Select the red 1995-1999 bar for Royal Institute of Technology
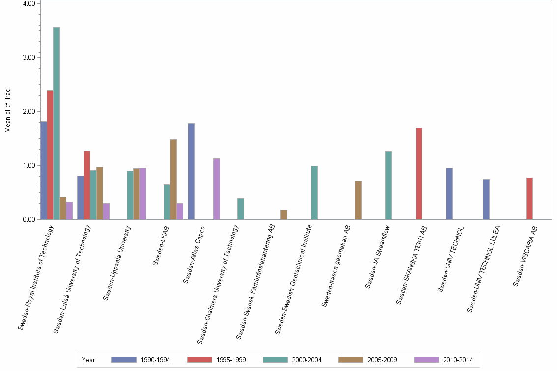click(50, 155)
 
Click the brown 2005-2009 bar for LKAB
click(173, 180)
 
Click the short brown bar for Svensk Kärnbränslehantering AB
click(284, 214)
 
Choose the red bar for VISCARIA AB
click(529, 199)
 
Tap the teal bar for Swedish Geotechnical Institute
click(314, 193)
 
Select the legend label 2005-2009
click(383, 360)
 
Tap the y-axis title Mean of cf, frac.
click(8, 109)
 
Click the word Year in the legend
click(89, 360)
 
